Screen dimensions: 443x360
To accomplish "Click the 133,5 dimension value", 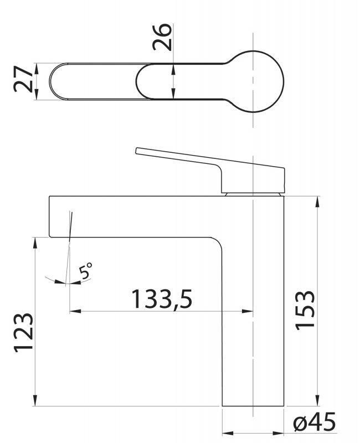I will click(x=161, y=300).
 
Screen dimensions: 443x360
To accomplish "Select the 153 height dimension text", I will click(x=305, y=310).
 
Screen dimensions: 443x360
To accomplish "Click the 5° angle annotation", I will click(x=86, y=271).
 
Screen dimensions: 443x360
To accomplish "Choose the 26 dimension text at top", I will click(x=163, y=38).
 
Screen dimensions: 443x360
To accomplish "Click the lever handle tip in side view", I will click(x=138, y=151).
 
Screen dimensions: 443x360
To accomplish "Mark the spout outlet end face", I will click(x=50, y=217).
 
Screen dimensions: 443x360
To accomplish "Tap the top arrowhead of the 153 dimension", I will click(x=318, y=200).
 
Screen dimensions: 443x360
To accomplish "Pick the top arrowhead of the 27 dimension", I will click(x=35, y=66).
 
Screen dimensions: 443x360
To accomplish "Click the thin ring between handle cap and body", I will click(x=254, y=193).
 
